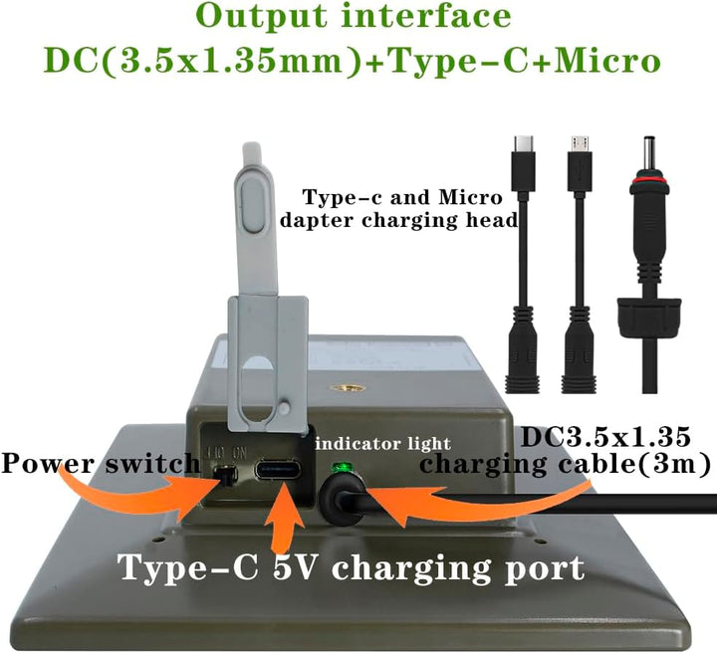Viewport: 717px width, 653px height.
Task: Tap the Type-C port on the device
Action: (x=279, y=470)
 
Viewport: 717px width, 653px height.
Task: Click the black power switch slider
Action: (x=226, y=475)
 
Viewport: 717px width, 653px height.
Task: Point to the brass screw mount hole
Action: (x=348, y=388)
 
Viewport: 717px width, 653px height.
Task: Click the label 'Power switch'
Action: (x=101, y=463)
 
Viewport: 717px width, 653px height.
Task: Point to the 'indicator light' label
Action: (x=383, y=444)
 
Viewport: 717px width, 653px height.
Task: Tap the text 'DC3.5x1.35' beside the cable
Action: (x=605, y=436)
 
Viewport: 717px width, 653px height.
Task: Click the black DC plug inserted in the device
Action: (x=343, y=498)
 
